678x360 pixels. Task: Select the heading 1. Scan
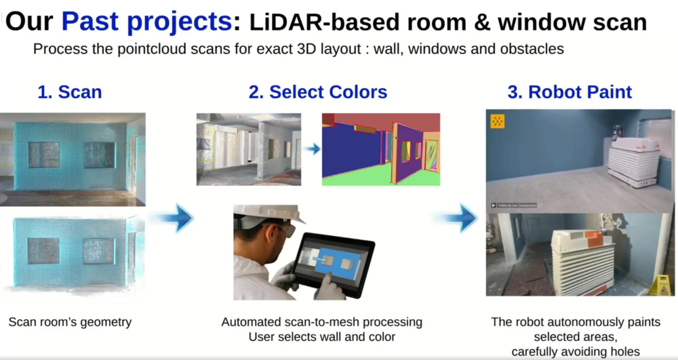click(x=70, y=92)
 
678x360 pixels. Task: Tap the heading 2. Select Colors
click(x=318, y=92)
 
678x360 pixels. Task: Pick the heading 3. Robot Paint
click(x=570, y=92)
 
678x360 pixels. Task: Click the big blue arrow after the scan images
click(x=173, y=218)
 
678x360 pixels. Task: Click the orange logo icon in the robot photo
click(x=497, y=121)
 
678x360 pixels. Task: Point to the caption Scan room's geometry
click(x=70, y=322)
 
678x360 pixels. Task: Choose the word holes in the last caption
click(x=624, y=352)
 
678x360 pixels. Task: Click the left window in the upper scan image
click(x=45, y=155)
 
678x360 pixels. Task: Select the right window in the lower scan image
click(x=98, y=251)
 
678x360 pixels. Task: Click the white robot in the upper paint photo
click(x=633, y=160)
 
